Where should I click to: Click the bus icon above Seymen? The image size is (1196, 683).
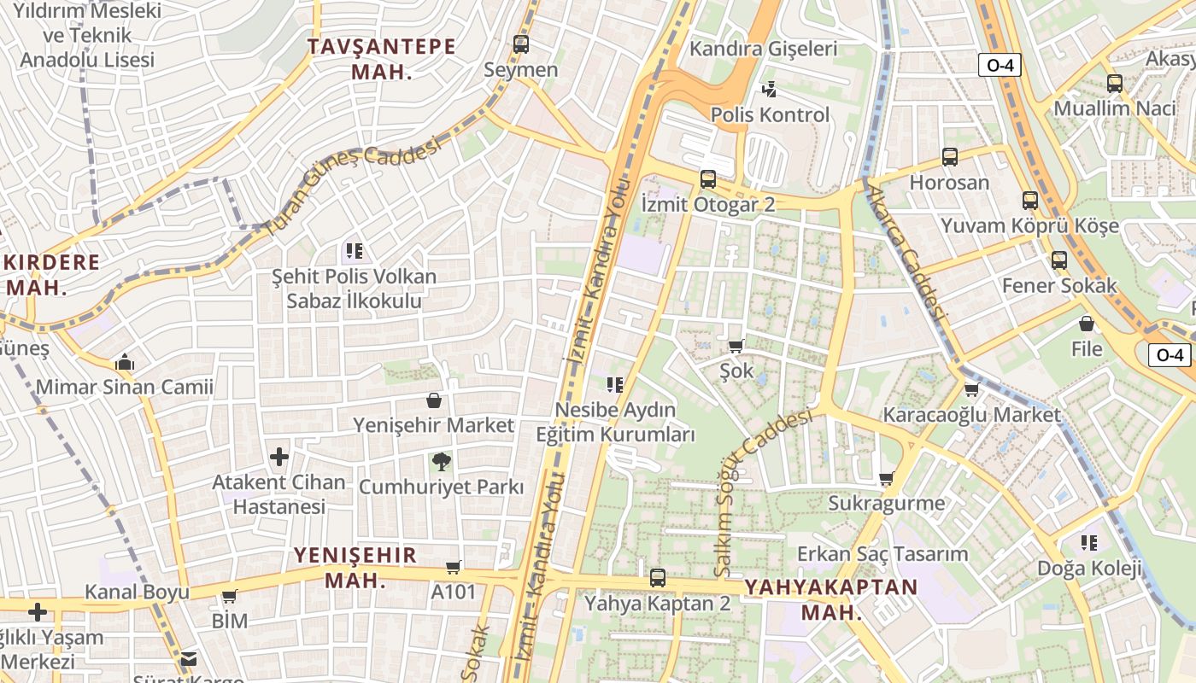[520, 44]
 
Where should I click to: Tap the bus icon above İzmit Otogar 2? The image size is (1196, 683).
[707, 178]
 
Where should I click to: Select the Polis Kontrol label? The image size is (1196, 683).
[770, 114]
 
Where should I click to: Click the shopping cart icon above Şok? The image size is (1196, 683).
[736, 346]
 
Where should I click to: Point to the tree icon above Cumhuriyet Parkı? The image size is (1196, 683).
[441, 462]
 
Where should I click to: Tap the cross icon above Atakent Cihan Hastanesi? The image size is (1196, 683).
[279, 457]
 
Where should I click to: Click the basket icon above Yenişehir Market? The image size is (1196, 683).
[434, 400]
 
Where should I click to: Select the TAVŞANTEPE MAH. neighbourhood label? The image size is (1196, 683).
[382, 59]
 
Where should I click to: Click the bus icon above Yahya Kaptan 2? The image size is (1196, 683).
[657, 577]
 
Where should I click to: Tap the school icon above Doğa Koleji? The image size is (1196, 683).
[1088, 542]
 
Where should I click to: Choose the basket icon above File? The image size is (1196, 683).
[1087, 324]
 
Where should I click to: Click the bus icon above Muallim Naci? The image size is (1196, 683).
[1115, 84]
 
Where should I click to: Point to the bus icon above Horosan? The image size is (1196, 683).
[950, 157]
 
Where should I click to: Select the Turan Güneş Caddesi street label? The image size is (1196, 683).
[352, 186]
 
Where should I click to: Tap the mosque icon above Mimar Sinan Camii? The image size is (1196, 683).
[125, 362]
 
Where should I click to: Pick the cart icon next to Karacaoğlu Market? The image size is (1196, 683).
[971, 390]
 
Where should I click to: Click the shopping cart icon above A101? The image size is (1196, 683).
[454, 567]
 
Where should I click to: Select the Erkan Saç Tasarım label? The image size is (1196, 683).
[882, 554]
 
